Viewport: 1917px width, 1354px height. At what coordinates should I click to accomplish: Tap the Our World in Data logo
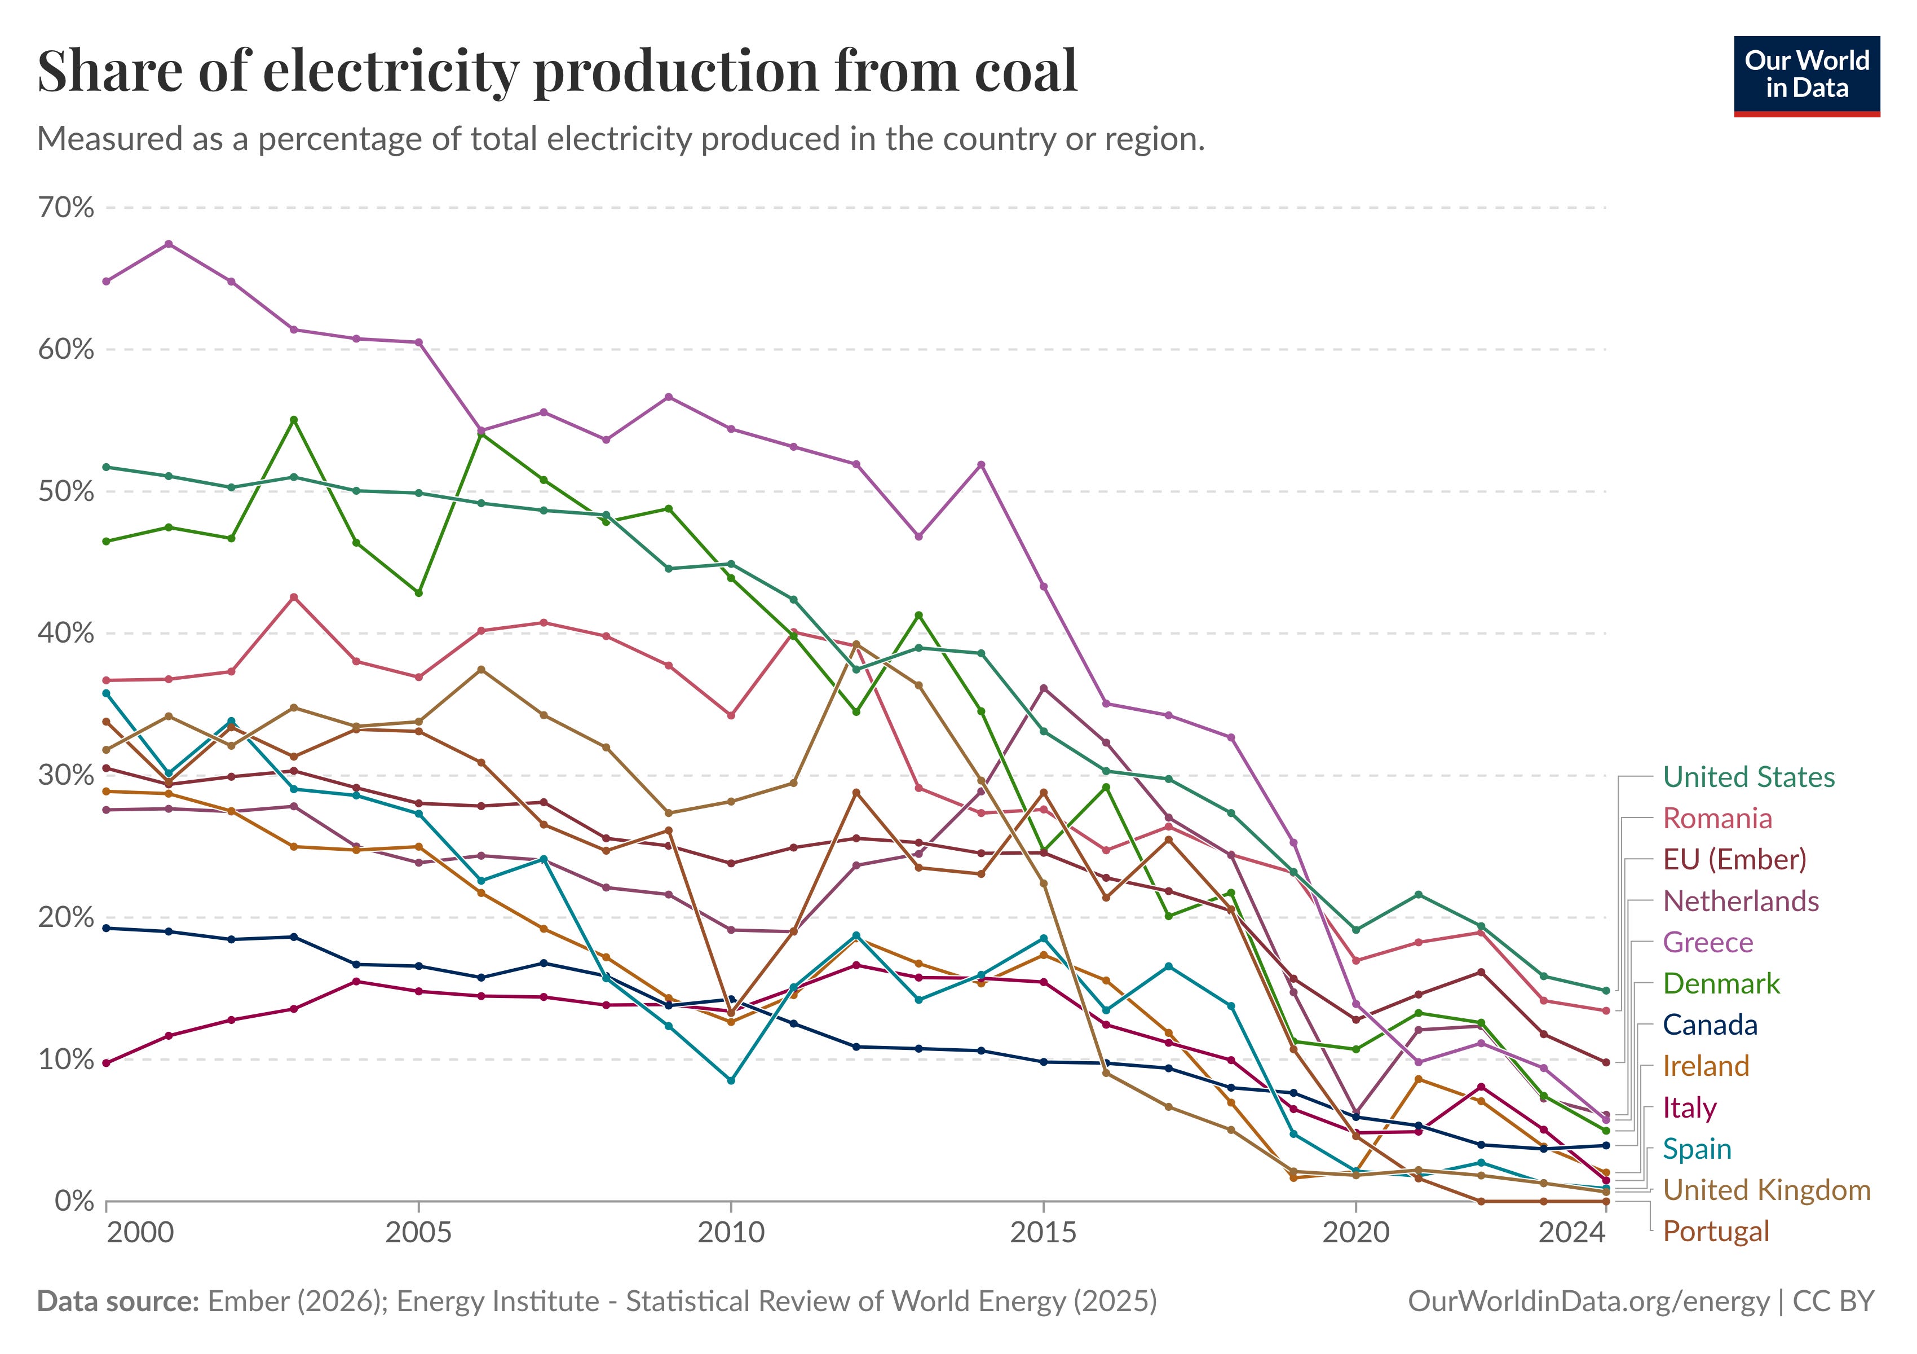[1806, 75]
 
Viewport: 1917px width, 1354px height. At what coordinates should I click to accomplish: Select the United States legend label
[1748, 777]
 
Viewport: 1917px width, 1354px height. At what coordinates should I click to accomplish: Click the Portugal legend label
[1716, 1231]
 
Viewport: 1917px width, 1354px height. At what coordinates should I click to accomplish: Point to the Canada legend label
[1710, 1025]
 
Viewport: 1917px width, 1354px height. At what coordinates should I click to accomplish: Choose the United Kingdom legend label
[1766, 1190]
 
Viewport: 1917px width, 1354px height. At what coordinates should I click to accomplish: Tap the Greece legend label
[1707, 942]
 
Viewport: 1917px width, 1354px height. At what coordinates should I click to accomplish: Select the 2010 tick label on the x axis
[731, 1232]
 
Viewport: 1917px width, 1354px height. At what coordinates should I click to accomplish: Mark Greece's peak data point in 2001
[169, 244]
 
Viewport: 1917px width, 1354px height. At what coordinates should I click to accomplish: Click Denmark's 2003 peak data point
[294, 420]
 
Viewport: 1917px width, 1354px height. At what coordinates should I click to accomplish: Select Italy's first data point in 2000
[106, 1063]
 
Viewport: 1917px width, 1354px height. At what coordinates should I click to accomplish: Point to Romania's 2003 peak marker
[294, 597]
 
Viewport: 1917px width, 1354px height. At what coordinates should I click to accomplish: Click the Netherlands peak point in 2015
[1044, 688]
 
